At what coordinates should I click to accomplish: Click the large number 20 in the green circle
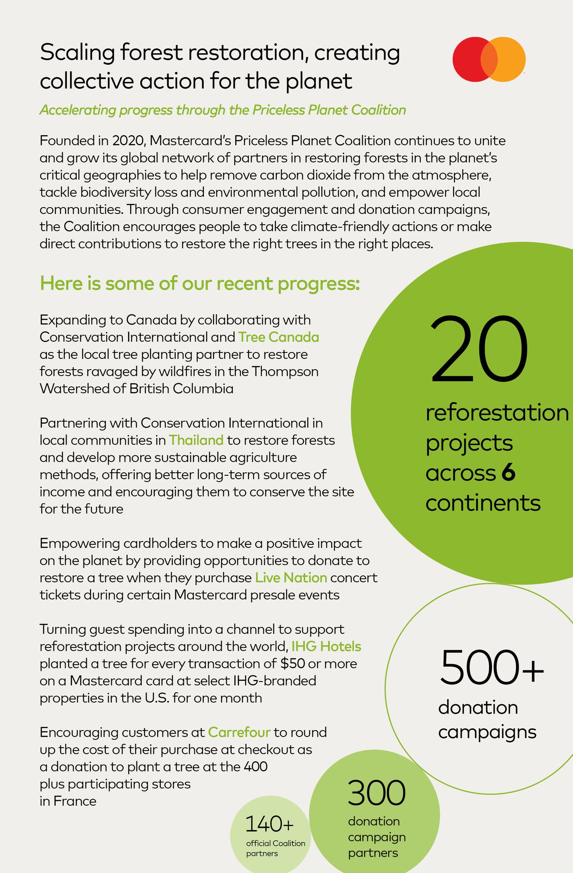click(x=480, y=349)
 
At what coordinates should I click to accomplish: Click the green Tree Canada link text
click(x=279, y=337)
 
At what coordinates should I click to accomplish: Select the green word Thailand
click(x=196, y=440)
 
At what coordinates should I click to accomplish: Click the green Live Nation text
click(x=291, y=578)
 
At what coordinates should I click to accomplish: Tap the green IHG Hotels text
click(x=326, y=647)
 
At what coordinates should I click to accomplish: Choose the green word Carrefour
click(x=239, y=732)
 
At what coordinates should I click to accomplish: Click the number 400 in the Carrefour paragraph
click(x=255, y=767)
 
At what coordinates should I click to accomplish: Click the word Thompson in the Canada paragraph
click(x=284, y=372)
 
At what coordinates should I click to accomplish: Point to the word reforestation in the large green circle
click(x=497, y=413)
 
